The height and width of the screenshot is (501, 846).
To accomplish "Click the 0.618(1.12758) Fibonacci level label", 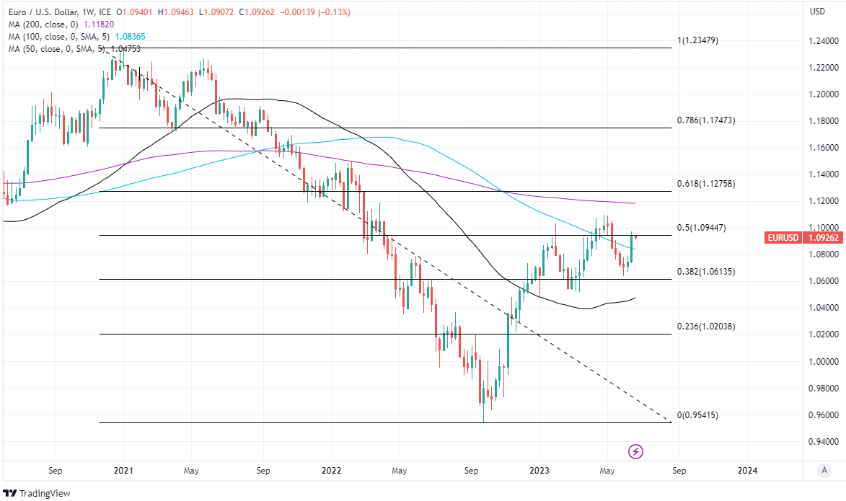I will (x=706, y=184).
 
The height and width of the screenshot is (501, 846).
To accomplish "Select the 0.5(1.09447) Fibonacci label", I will (x=702, y=228).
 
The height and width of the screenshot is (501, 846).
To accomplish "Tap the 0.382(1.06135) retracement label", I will (x=706, y=272).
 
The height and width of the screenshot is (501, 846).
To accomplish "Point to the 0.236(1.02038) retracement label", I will (x=706, y=327).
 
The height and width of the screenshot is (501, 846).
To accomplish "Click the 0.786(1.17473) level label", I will (x=706, y=120).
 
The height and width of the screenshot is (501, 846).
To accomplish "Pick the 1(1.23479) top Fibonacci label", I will (x=697, y=40).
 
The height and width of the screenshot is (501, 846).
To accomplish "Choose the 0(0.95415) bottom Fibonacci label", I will (x=697, y=415).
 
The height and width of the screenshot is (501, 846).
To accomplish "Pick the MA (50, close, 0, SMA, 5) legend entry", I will (x=74, y=48).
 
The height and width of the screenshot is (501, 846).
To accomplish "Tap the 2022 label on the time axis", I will (x=331, y=471).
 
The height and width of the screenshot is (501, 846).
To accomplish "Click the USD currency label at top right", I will (x=817, y=11).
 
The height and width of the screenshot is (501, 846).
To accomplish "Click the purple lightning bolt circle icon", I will (x=636, y=451).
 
